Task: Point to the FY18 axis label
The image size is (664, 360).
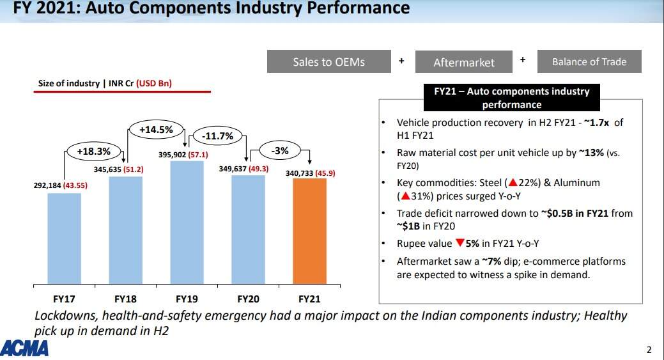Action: [126, 299]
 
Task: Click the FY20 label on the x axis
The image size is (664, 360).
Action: [248, 299]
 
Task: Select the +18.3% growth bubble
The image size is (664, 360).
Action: [94, 152]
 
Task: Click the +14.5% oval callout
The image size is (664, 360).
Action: [156, 130]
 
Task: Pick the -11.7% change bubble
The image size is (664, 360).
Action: [217, 136]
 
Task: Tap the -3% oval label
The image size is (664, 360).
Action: [279, 152]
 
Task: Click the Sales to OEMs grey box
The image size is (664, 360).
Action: [328, 61]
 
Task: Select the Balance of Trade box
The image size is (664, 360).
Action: [589, 61]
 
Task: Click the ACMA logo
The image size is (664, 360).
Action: [25, 348]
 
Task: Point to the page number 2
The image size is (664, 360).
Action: [649, 349]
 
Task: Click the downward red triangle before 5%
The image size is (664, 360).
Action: [459, 243]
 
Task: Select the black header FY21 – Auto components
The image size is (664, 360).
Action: [511, 98]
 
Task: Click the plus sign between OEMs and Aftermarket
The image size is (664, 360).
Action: [401, 61]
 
